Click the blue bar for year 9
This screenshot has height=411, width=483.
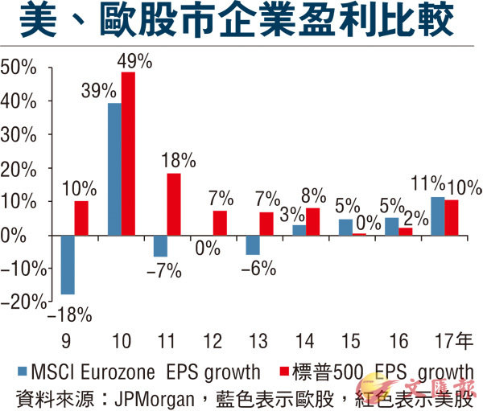[x=68, y=265]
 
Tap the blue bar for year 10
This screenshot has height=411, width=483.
[x=114, y=169]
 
